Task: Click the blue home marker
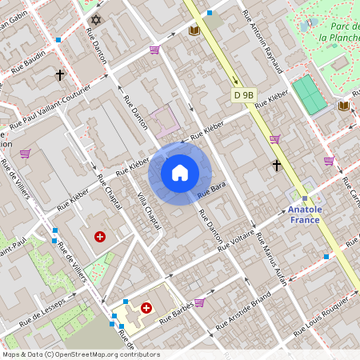tap(180, 172)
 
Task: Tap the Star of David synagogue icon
tap(98, 18)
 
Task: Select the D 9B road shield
tap(243, 95)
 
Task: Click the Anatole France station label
tap(304, 214)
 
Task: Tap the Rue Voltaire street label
tap(237, 238)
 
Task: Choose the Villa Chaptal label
tap(149, 210)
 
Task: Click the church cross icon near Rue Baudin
tap(59, 75)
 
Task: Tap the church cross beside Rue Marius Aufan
tap(277, 166)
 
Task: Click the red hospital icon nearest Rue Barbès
tap(146, 307)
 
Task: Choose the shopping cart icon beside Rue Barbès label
tap(199, 302)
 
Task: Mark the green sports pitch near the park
tap(310, 94)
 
